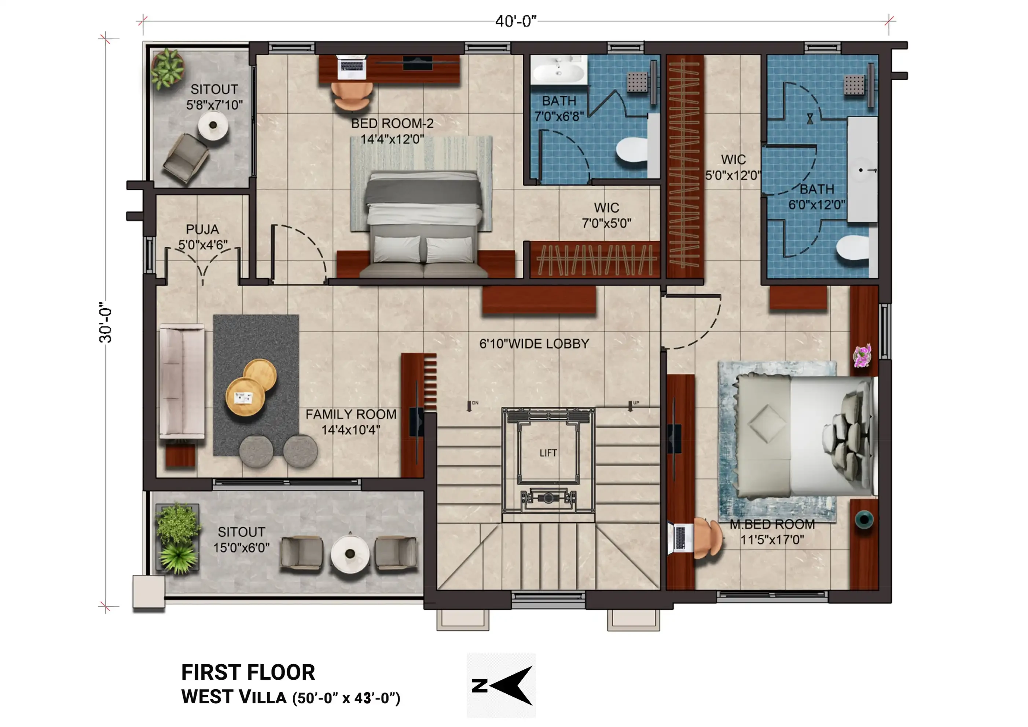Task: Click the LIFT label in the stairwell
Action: click(x=548, y=453)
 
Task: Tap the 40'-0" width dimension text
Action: click(x=516, y=21)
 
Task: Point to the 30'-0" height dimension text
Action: click(x=106, y=325)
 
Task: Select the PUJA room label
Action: click(x=202, y=229)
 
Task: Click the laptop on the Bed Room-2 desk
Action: click(x=352, y=67)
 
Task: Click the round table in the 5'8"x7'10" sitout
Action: click(x=213, y=125)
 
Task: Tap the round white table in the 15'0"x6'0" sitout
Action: click(x=350, y=554)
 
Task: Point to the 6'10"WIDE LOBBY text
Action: click(x=534, y=344)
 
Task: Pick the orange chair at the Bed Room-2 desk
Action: click(x=352, y=96)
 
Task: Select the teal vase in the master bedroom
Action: click(x=864, y=520)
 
